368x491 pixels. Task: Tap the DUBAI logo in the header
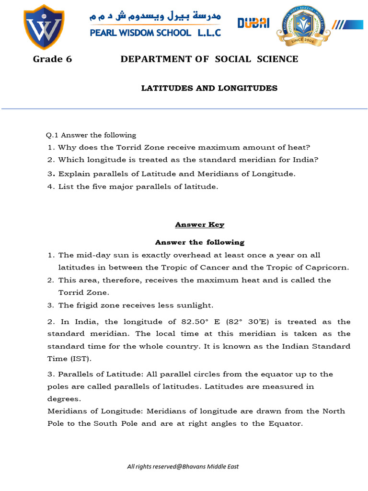coord(253,23)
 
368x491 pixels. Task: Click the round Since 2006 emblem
coord(302,26)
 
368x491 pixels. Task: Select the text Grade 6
coord(48,59)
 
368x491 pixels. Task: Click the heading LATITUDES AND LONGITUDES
coord(209,88)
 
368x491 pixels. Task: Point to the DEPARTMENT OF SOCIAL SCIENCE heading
coord(209,59)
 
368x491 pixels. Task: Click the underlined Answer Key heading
coord(199,224)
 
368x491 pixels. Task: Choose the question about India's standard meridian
coord(188,160)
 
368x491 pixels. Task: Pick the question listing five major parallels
coord(138,187)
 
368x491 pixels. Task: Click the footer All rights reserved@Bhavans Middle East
coord(183,467)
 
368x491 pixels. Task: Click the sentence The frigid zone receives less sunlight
coord(136,305)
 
